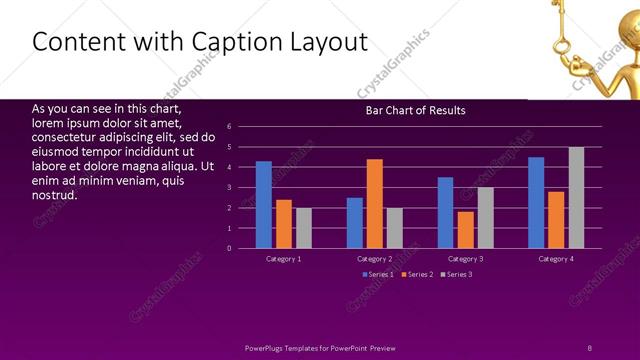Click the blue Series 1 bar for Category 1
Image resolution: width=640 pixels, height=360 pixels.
click(x=264, y=205)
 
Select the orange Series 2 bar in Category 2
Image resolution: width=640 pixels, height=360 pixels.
click(x=375, y=204)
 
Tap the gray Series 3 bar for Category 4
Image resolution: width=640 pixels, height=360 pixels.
click(x=576, y=198)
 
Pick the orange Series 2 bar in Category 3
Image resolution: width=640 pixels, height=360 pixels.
click(x=465, y=230)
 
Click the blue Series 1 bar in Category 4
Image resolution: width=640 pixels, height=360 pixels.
click(x=536, y=203)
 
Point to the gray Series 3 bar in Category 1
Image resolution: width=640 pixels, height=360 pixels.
click(x=304, y=228)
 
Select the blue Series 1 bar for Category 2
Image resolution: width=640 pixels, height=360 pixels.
click(x=355, y=223)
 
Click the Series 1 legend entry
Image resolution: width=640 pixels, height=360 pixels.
click(x=378, y=274)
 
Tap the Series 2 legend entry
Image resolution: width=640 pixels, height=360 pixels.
click(x=417, y=274)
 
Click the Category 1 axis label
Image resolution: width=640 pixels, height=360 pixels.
click(x=284, y=259)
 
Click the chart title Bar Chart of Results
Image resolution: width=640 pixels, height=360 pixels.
click(x=415, y=110)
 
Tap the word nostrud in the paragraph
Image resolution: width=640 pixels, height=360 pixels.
click(x=56, y=195)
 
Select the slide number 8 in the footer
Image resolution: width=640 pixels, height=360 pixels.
click(x=589, y=347)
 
